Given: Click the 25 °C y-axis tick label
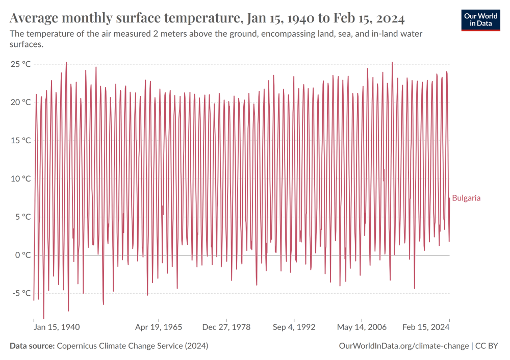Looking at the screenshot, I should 20,64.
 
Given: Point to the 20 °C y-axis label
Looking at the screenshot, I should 20,102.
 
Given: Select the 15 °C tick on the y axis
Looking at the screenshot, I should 20,140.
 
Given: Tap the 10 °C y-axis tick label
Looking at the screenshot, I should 20,178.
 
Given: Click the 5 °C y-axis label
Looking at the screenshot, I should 22,217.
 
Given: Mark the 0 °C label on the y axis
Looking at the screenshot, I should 22,255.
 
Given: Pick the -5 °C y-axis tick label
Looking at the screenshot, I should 21,293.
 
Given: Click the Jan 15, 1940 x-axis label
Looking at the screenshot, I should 57,327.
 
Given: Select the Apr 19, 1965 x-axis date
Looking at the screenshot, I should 158,327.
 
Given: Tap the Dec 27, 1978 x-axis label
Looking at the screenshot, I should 226,327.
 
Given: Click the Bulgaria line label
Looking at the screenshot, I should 466,198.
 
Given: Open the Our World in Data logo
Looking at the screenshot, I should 480,19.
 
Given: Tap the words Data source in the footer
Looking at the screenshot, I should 32,346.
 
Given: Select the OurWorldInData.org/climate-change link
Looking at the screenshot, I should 403,346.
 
